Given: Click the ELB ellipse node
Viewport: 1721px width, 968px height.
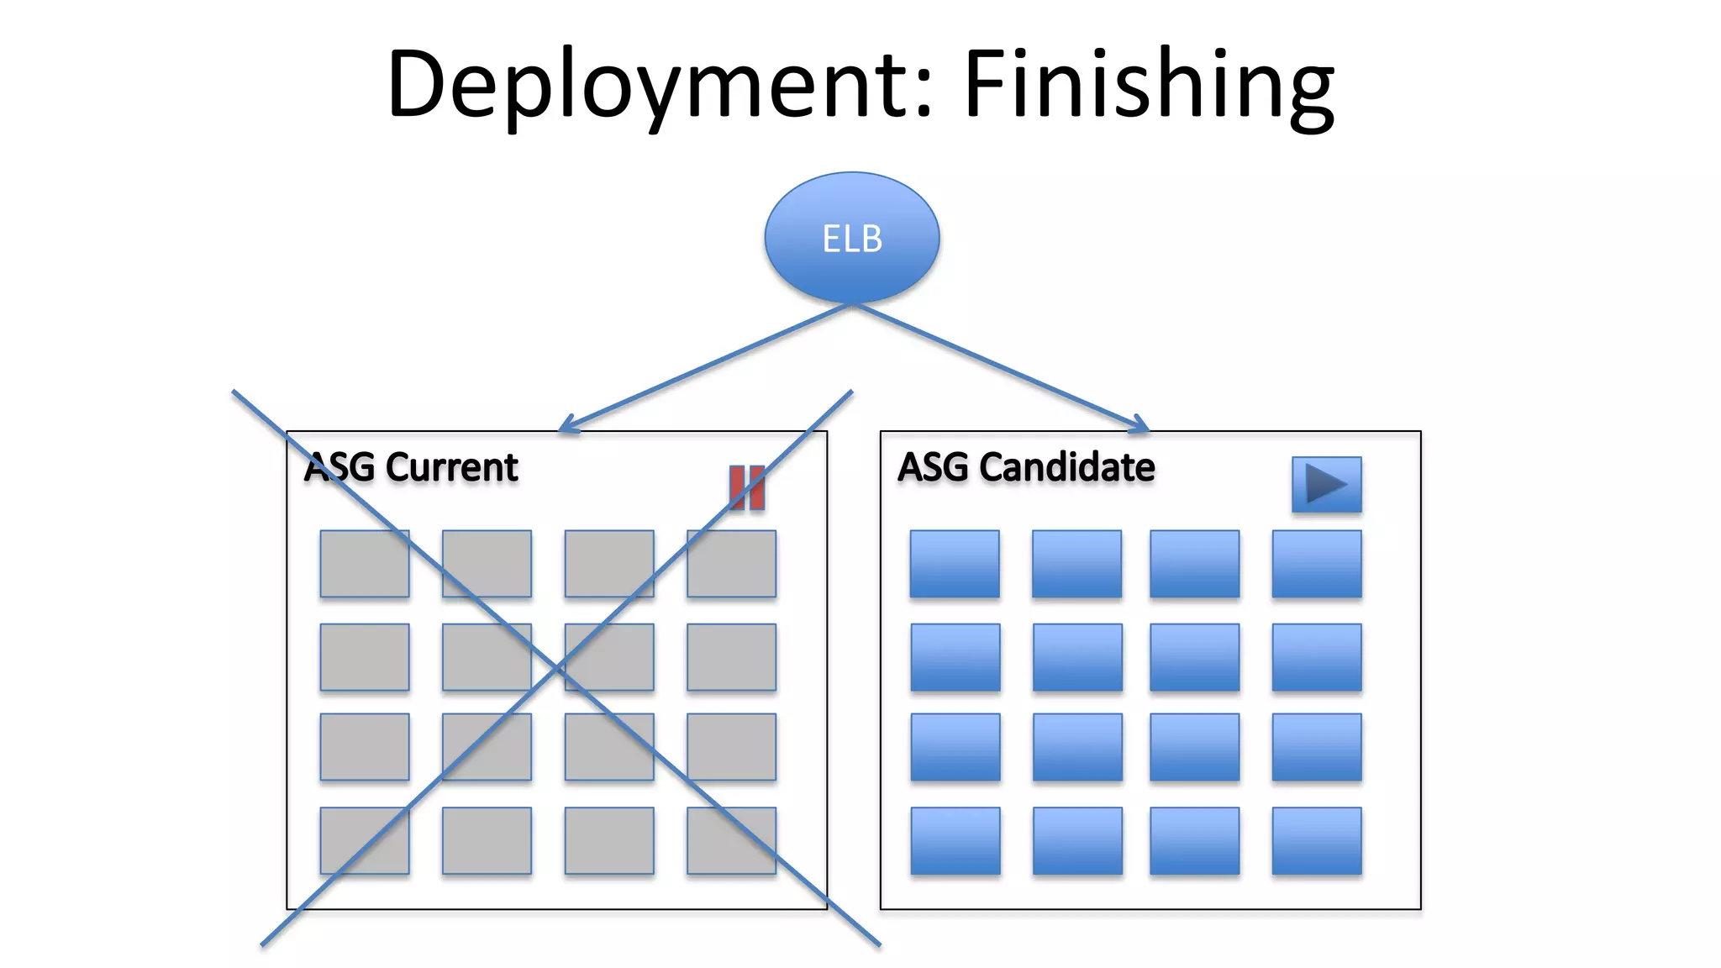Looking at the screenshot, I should click(x=851, y=238).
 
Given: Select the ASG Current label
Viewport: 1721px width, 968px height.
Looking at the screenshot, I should click(x=411, y=467).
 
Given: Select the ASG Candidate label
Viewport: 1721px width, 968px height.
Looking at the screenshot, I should click(x=1026, y=467).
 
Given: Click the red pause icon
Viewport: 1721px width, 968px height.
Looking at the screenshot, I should click(x=747, y=487).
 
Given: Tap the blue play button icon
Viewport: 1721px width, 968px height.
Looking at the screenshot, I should click(x=1326, y=484).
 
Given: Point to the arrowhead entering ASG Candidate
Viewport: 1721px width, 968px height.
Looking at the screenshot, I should click(x=1141, y=426).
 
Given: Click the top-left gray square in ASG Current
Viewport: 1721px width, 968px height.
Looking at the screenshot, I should click(x=365, y=564).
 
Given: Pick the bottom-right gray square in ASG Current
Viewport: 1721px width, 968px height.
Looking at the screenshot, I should click(x=731, y=840).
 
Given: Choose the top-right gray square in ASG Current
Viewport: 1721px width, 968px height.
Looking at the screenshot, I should click(x=731, y=564).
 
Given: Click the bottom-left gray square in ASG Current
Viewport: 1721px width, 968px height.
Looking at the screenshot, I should click(x=365, y=840).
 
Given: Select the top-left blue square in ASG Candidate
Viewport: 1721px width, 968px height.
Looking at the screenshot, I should click(x=955, y=564).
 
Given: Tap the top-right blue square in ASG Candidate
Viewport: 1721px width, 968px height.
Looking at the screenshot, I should click(x=1317, y=564).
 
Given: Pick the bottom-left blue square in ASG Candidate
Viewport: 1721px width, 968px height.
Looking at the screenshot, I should click(x=955, y=840).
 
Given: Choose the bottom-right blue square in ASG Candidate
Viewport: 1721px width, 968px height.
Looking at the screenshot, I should click(x=1317, y=840).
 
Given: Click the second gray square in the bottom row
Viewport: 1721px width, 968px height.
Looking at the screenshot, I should click(x=487, y=840).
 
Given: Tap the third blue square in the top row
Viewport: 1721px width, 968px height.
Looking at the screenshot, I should click(x=1194, y=564).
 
